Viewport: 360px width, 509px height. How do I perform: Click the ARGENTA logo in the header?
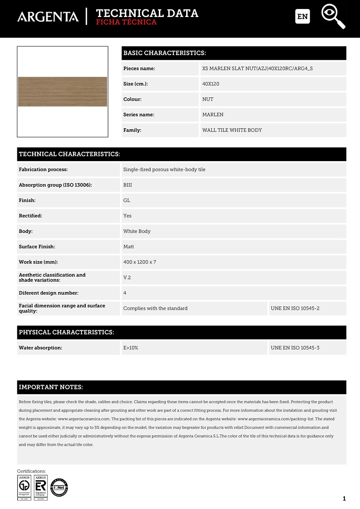point(48,16)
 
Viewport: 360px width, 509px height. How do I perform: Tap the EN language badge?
point(303,16)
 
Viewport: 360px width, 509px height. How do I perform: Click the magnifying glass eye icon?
point(333,16)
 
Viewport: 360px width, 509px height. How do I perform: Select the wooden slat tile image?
point(63,91)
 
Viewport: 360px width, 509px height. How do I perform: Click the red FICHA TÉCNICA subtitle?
point(126,22)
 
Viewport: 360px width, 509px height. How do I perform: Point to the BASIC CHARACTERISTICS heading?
point(164,53)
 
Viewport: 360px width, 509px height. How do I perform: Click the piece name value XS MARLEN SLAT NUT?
point(257,68)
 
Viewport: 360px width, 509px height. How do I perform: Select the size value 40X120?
point(211,84)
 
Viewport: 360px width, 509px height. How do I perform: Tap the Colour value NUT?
point(208,99)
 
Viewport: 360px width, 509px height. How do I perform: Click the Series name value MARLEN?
point(213,115)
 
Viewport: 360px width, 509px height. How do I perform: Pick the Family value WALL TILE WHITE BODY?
point(232,130)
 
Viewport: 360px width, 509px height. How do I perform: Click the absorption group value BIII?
point(128,185)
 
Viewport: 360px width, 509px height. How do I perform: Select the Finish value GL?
point(127,200)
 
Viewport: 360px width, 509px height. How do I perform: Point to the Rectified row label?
point(30,216)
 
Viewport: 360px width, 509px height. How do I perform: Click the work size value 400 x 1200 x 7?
point(139,262)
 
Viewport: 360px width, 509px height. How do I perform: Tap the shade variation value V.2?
point(127,278)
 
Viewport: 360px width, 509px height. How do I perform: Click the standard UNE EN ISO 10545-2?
point(295,308)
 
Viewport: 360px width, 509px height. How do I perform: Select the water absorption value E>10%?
point(131,348)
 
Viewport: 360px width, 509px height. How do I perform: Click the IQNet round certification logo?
point(59,487)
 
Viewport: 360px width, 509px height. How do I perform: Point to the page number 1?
point(344,499)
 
